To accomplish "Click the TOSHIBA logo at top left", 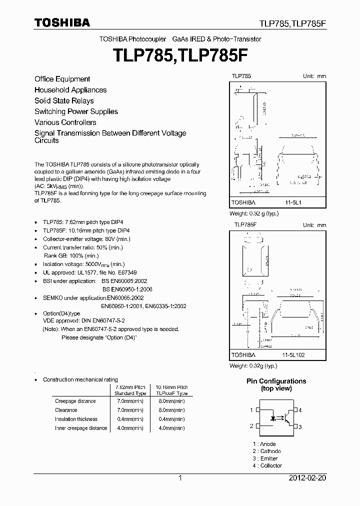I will (x=62, y=22).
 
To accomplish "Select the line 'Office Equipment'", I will (x=62, y=79).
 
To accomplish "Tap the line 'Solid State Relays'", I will (x=64, y=100).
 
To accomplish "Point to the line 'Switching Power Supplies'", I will (x=76, y=111).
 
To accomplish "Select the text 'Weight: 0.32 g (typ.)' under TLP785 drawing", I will (x=253, y=213).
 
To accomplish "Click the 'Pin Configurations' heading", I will (x=276, y=381).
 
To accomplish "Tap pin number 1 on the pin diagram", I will (x=251, y=410).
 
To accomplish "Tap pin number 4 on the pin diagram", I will (x=300, y=410).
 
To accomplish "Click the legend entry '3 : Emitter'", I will (x=265, y=458).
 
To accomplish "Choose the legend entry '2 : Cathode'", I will (x=266, y=451).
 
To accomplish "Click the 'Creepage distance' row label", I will (x=75, y=401).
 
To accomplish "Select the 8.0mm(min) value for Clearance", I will (x=171, y=410).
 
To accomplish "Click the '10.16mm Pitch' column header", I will (x=171, y=387).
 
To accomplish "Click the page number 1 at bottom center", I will (x=180, y=478).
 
